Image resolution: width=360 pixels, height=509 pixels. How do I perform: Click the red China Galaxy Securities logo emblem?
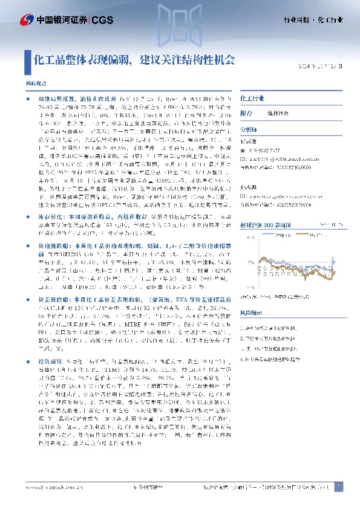25,21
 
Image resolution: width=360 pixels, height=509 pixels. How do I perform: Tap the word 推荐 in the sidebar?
246,113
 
